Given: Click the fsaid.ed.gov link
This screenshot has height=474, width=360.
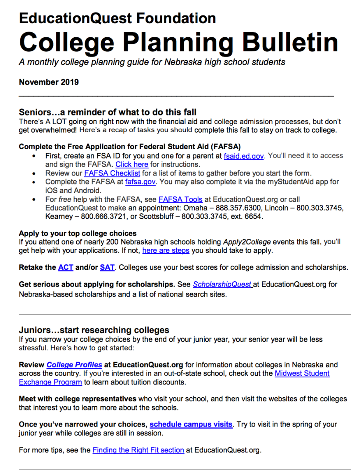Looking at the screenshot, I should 243,156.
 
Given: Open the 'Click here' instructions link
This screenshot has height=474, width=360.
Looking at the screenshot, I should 132,165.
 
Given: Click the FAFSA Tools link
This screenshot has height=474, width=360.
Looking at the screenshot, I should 180,199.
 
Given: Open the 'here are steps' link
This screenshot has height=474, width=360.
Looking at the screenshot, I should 166,251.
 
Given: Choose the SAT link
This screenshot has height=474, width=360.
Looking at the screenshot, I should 107,267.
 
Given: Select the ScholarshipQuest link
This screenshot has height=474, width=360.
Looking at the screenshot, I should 222,284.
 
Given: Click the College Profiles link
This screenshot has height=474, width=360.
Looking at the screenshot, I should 74,365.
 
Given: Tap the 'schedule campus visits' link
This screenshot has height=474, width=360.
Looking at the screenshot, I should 191,424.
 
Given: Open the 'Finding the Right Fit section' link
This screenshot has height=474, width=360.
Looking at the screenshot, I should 138,450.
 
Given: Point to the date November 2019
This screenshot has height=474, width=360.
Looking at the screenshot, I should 49,82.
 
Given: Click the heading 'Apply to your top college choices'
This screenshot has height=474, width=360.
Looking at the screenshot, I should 78,233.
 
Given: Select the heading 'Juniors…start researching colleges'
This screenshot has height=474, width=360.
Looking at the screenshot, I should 94,330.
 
